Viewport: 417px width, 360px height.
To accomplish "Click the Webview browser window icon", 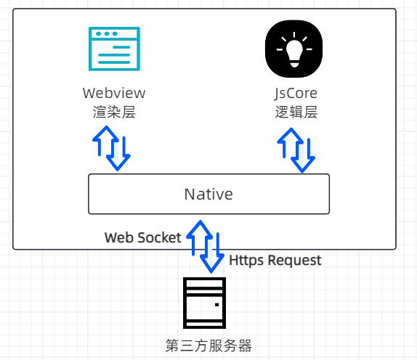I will [x=114, y=49].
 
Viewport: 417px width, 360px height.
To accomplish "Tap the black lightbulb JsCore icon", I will [x=294, y=49].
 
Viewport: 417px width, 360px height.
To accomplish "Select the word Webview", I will [x=114, y=94].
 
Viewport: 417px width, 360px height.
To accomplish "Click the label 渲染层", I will [x=114, y=112].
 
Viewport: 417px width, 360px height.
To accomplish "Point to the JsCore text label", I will [x=296, y=94].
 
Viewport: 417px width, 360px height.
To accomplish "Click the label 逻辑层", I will [x=296, y=112].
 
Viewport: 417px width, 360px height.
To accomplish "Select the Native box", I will [x=208, y=194].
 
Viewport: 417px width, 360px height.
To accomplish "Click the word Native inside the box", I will [x=208, y=195].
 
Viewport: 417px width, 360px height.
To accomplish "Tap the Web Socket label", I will [x=143, y=238].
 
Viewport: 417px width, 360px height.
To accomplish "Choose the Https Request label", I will [x=275, y=260].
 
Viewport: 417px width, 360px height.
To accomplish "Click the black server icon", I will [x=203, y=303].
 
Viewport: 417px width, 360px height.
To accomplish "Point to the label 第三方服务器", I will [x=208, y=344].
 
